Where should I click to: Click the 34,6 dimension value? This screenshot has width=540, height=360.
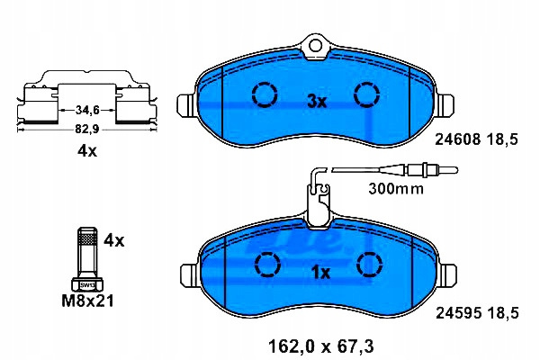pyautogui.click(x=87, y=110)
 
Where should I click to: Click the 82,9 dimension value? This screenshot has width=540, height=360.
pyautogui.click(x=87, y=130)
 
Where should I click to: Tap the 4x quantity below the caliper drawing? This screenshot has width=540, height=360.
pyautogui.click(x=87, y=150)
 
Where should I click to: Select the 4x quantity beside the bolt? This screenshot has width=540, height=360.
pyautogui.click(x=114, y=240)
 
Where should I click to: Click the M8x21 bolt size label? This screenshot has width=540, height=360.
pyautogui.click(x=87, y=301)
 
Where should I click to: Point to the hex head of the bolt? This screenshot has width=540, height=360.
pyautogui.click(x=87, y=284)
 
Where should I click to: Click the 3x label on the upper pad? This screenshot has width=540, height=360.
pyautogui.click(x=317, y=102)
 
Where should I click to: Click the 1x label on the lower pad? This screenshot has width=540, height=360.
pyautogui.click(x=320, y=273)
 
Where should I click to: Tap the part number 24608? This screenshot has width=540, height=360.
pyautogui.click(x=458, y=139)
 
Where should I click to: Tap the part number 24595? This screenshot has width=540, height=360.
pyautogui.click(x=458, y=313)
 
